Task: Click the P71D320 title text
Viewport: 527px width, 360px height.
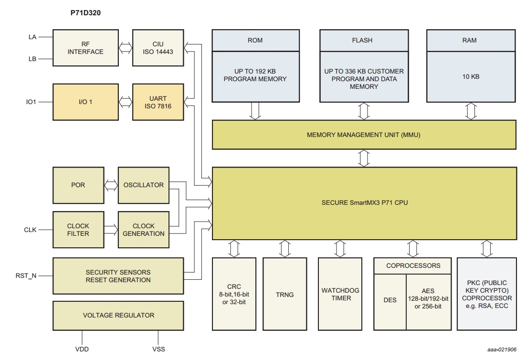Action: click(x=85, y=13)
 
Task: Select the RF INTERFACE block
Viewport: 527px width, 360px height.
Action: click(x=85, y=48)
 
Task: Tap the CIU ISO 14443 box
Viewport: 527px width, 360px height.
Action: click(x=158, y=48)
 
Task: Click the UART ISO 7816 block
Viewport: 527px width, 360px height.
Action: click(x=158, y=102)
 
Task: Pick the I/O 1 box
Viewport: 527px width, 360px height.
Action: click(x=85, y=102)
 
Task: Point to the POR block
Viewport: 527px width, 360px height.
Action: click(x=78, y=185)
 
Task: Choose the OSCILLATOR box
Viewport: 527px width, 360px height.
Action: click(x=143, y=185)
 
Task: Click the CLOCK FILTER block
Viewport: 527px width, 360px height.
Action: click(x=78, y=230)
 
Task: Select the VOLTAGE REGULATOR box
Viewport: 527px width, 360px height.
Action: click(x=118, y=315)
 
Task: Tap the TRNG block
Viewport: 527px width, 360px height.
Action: click(x=285, y=295)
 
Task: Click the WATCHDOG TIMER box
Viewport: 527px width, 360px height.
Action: click(x=340, y=294)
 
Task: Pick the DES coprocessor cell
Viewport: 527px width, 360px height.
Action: click(x=390, y=300)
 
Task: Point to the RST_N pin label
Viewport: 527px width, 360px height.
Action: click(x=26, y=275)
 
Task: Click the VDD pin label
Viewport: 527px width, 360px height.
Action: click(x=82, y=349)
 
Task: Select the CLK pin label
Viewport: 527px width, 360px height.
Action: click(x=30, y=230)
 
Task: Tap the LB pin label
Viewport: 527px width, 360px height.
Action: click(x=32, y=59)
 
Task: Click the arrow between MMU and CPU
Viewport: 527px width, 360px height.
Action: click(x=364, y=158)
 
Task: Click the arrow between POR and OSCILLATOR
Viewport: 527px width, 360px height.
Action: click(x=111, y=185)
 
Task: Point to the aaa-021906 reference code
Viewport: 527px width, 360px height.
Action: click(x=502, y=349)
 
